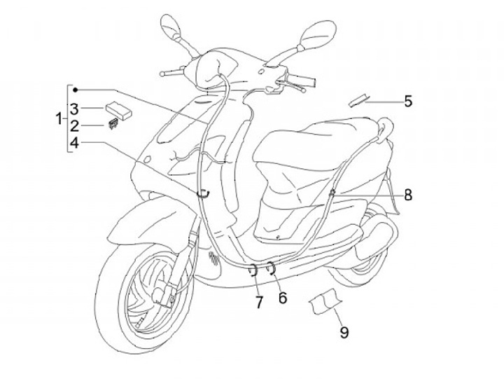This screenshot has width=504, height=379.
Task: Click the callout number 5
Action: (407, 101)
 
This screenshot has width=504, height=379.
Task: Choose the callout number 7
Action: (259, 302)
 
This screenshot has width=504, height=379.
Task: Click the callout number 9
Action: (344, 332)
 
